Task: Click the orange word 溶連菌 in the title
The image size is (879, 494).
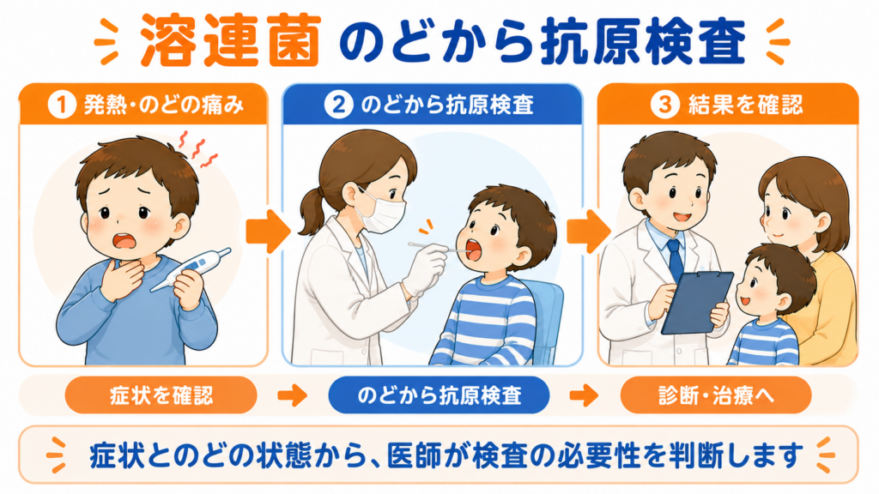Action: (230, 40)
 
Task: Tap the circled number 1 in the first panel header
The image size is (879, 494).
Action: (62, 104)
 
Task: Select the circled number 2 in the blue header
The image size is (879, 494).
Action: (338, 104)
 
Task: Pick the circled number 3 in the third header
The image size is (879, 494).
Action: (665, 104)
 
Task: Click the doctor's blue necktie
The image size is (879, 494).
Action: (675, 259)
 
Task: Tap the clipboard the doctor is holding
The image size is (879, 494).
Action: (697, 303)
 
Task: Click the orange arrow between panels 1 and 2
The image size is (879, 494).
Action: (268, 232)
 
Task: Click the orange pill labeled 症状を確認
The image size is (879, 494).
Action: (161, 395)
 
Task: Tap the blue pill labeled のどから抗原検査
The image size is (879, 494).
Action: (439, 395)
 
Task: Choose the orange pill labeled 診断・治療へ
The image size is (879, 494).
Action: (716, 395)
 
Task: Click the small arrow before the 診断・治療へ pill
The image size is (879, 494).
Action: (584, 395)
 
